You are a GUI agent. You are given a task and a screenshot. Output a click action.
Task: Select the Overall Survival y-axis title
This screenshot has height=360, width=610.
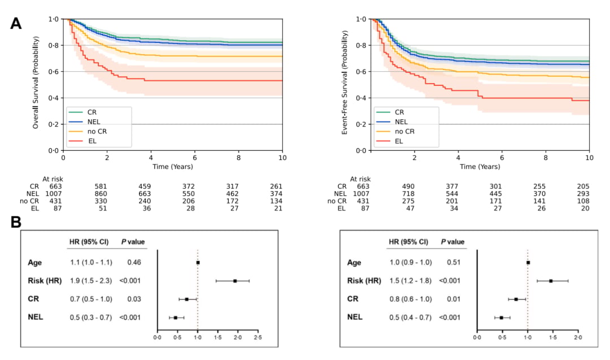[36, 83]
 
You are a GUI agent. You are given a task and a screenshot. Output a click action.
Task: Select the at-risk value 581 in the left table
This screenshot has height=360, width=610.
[107, 186]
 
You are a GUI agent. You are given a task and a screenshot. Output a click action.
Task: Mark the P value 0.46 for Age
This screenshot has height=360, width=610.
[134, 263]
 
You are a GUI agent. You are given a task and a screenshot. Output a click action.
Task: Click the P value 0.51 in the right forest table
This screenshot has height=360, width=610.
[454, 262]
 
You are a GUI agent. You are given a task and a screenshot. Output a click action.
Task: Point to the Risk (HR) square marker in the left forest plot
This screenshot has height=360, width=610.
[235, 280]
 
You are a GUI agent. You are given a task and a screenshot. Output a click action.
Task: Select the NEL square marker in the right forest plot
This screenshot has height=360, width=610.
[501, 318]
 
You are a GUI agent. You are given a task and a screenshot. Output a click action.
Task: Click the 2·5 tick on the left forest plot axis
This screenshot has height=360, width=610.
[258, 337]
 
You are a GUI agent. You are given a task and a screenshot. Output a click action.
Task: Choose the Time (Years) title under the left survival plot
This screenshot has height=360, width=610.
[173, 167]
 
